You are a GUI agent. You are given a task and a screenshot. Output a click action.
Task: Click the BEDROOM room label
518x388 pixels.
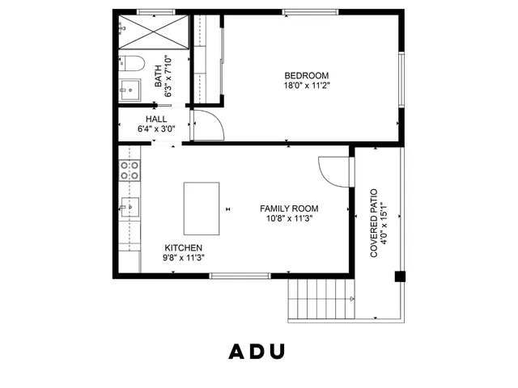(x=306, y=76)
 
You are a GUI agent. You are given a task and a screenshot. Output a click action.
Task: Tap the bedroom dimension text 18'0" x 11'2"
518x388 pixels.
(x=306, y=86)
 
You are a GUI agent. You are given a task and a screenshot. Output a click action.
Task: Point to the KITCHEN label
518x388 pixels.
(x=184, y=248)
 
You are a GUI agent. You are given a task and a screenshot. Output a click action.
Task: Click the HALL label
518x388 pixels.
(x=156, y=119)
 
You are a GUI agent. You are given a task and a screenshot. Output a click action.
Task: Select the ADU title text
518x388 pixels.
(x=257, y=352)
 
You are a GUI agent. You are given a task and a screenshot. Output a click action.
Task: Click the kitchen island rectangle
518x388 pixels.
(x=202, y=207)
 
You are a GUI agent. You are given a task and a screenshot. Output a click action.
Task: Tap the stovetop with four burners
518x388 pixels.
(x=129, y=170)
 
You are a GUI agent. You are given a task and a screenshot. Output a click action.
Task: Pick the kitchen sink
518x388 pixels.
(x=129, y=207)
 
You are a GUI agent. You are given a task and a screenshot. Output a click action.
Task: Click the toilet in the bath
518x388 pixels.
(x=134, y=63)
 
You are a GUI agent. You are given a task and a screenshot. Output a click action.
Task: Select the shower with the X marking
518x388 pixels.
(x=153, y=33)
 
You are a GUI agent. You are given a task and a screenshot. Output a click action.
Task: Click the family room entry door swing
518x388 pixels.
(x=333, y=171)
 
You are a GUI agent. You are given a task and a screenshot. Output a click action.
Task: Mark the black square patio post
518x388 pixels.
(x=398, y=276)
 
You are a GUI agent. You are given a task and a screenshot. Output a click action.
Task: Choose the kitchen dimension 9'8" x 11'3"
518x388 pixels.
(x=184, y=258)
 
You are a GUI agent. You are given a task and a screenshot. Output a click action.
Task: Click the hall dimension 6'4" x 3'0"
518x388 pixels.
(x=156, y=129)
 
